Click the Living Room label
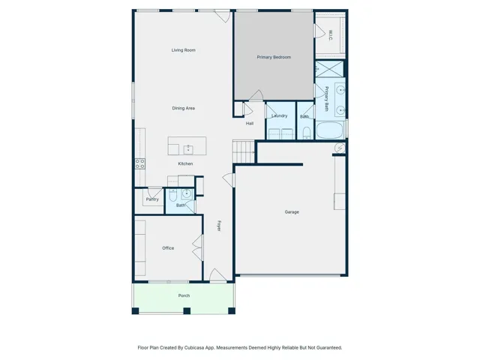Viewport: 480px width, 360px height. (183, 50)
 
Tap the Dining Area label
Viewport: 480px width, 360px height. (183, 108)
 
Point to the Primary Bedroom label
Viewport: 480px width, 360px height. (274, 57)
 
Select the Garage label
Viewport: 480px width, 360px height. (292, 211)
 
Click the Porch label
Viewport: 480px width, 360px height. (184, 295)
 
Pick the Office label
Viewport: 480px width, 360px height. (168, 248)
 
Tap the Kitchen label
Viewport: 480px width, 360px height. (185, 163)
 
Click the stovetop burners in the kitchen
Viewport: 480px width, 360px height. (140, 163)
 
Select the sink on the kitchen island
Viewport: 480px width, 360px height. (188, 149)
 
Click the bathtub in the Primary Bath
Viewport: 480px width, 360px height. (330, 130)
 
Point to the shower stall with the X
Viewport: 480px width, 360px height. (329, 69)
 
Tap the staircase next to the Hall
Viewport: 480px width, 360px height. (244, 151)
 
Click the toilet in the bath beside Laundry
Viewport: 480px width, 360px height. (307, 133)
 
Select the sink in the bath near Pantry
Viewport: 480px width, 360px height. (187, 193)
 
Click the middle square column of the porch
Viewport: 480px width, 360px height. (187, 311)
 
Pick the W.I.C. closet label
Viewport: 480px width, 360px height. (331, 35)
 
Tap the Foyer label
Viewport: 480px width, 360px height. (219, 226)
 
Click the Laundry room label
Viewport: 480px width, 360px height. (280, 115)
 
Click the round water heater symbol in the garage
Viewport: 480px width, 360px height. (340, 148)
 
